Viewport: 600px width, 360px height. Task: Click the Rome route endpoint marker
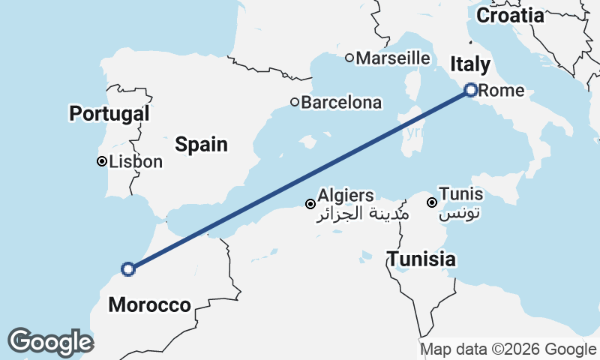click(471, 90)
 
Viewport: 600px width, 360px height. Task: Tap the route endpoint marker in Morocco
click(128, 268)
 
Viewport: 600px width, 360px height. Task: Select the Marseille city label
click(393, 58)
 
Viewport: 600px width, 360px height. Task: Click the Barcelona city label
click(341, 103)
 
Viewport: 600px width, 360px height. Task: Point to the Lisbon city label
click(136, 161)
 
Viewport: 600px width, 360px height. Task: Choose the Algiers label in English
click(346, 196)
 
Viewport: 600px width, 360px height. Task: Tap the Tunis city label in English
click(461, 194)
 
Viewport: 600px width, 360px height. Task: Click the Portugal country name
click(109, 114)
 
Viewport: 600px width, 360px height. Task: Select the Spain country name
click(201, 144)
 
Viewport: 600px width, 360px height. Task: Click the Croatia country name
click(510, 15)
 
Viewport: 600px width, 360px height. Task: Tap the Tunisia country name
click(421, 259)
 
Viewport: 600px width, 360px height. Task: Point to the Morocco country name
click(149, 304)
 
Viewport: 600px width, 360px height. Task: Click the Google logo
click(50, 342)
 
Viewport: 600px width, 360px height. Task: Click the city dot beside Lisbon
click(101, 161)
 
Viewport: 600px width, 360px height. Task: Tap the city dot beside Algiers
click(310, 203)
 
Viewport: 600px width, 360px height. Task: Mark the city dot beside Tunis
click(432, 202)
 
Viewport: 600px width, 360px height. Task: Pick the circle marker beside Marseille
click(349, 58)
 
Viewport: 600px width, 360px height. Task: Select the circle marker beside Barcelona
click(295, 103)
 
